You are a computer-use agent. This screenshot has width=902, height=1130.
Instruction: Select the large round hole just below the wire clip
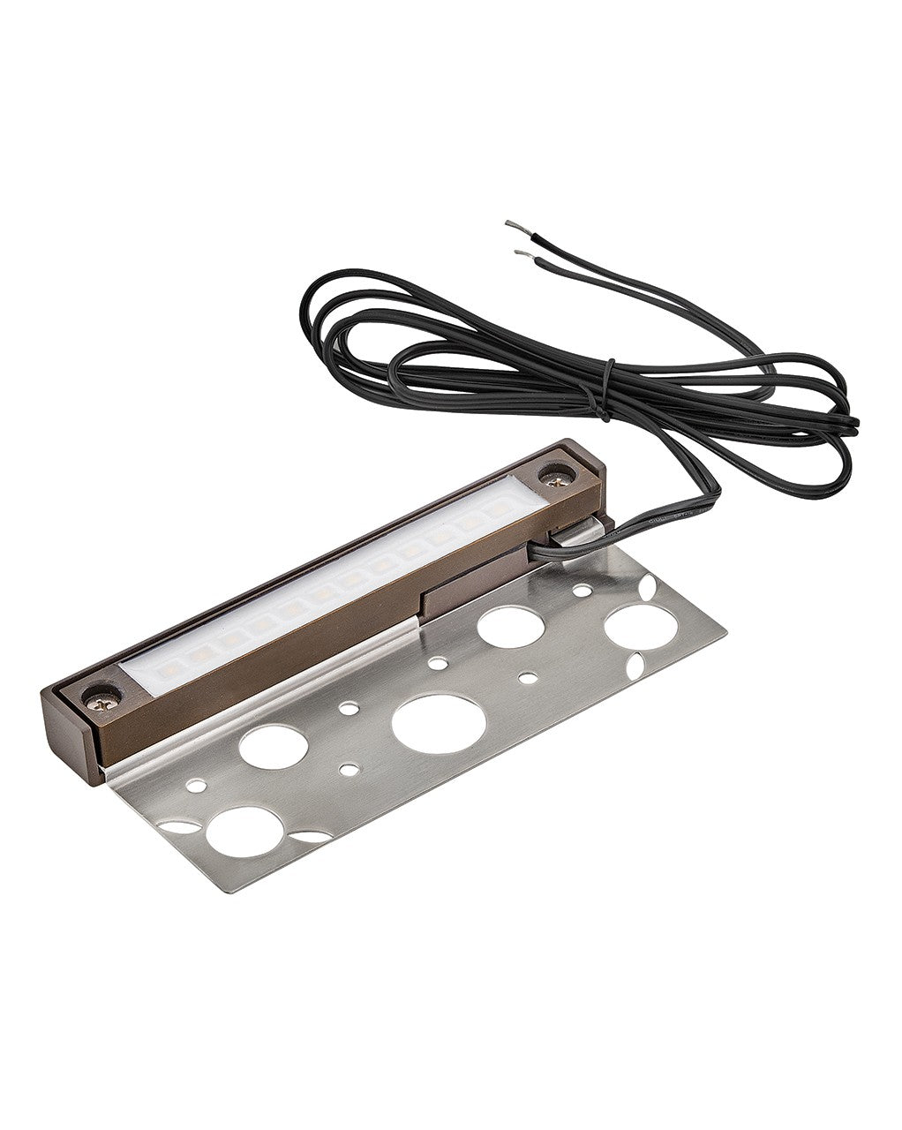pyautogui.click(x=511, y=626)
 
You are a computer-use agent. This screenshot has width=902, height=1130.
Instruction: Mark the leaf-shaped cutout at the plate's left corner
pyautogui.click(x=181, y=827)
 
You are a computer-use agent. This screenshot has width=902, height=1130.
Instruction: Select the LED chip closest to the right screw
pyautogui.click(x=499, y=510)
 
